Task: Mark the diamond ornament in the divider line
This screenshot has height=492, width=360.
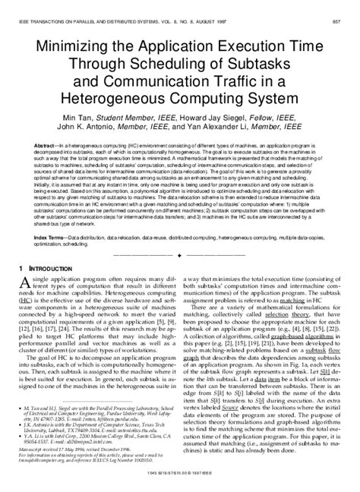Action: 179,235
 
